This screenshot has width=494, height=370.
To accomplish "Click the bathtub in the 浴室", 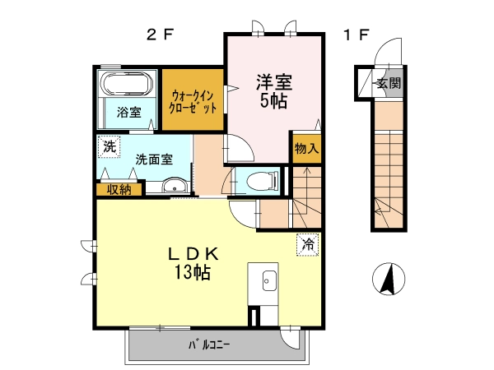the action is pos(127,84).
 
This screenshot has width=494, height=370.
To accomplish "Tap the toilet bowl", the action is pos(261,182).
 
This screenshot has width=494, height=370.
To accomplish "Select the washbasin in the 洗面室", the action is pos(175,186).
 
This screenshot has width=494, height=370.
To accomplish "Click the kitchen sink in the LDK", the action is pos(269,280).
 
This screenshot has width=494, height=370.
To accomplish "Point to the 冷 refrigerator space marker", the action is pos(308,244).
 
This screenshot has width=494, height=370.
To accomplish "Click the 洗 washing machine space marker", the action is pos(109,146).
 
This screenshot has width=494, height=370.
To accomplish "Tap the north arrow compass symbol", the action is pos(389,279).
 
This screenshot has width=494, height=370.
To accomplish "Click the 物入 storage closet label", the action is pos(306,149).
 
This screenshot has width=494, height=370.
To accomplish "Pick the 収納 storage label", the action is pos(119,190).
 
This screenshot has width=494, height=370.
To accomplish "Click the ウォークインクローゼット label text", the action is pos(193,101).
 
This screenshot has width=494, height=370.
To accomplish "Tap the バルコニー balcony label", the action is pos(209,345).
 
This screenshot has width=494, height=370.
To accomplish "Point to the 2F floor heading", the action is pos(160,35).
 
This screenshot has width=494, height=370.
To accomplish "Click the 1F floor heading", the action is pos(357,35).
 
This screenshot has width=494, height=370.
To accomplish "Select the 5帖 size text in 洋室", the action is pos(273,100).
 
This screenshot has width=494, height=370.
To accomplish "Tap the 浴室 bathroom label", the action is pos(128,112).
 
